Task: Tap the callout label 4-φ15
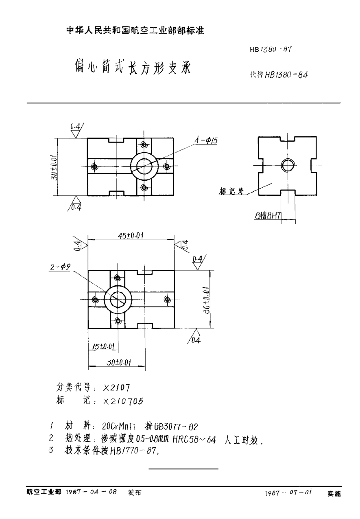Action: point(206,140)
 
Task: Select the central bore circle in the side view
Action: point(288,165)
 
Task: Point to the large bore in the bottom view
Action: point(118,300)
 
